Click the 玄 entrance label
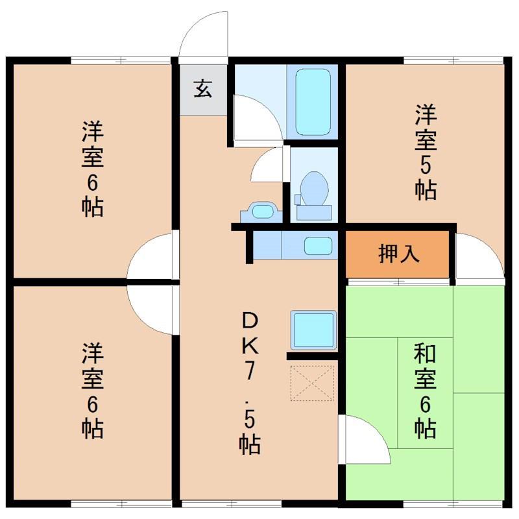coord(203,89)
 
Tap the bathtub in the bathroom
coord(313,102)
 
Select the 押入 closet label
coord(399,254)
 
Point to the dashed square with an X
coord(312,383)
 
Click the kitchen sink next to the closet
coord(318,246)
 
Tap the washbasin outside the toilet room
coord(261,212)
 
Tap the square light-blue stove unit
coord(314,330)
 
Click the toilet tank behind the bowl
coord(314,213)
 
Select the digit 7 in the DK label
coord(250,370)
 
